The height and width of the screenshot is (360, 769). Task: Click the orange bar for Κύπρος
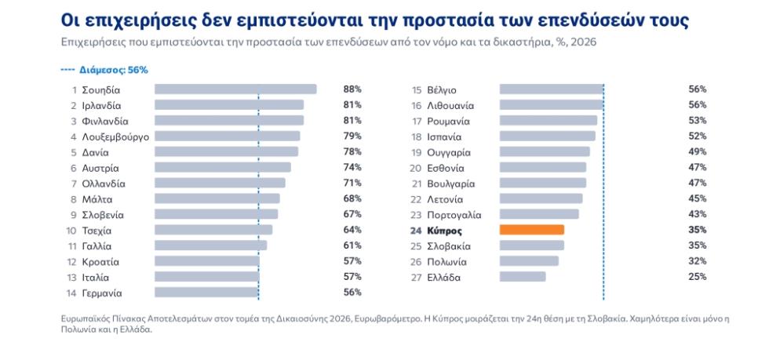click(x=532, y=230)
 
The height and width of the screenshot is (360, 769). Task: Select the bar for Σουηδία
click(x=235, y=89)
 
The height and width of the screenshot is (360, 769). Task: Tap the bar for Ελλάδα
click(x=523, y=277)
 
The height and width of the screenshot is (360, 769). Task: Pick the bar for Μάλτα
click(x=217, y=198)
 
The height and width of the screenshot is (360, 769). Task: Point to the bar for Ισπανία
click(x=548, y=136)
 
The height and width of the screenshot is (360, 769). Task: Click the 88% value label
click(x=352, y=89)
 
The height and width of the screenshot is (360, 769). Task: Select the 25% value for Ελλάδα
click(x=697, y=277)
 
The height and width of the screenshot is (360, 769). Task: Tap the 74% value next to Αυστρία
click(x=352, y=167)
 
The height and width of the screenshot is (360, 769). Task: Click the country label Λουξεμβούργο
click(x=115, y=136)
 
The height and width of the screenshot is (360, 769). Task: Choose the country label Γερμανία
click(x=102, y=293)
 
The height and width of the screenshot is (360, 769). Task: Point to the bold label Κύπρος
click(x=445, y=231)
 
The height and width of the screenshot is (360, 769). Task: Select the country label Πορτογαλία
click(x=454, y=215)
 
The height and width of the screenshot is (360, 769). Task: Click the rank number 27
click(x=416, y=278)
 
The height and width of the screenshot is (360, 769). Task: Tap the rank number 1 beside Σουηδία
click(x=75, y=89)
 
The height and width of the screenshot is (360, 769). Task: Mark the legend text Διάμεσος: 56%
click(x=113, y=70)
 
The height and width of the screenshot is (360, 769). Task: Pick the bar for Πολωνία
click(x=529, y=261)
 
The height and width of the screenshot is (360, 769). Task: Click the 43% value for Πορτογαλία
click(x=697, y=214)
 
